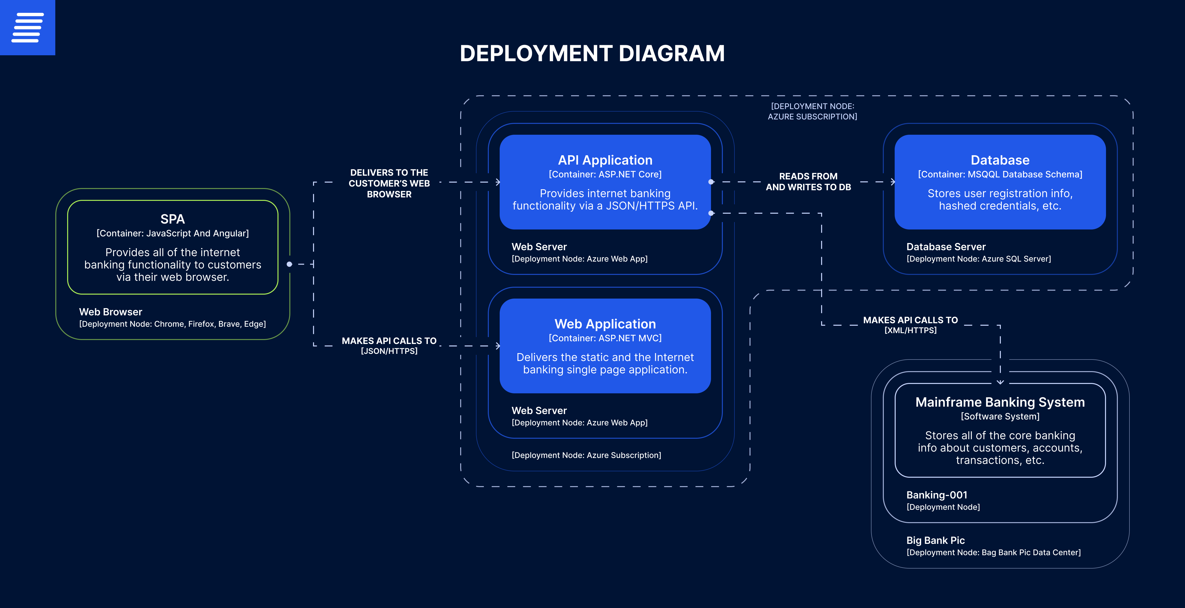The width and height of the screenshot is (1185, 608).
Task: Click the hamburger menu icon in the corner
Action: click(28, 28)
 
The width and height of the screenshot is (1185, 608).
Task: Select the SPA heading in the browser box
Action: click(173, 219)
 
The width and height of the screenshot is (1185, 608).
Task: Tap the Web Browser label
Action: click(110, 312)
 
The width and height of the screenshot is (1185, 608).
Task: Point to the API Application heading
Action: click(605, 160)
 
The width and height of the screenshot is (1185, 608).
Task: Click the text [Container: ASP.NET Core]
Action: click(605, 174)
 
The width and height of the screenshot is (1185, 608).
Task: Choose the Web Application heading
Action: click(605, 324)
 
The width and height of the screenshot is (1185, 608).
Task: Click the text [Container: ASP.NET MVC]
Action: click(605, 338)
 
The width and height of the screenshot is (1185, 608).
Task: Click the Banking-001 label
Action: click(937, 495)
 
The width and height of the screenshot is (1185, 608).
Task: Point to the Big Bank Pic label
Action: click(935, 540)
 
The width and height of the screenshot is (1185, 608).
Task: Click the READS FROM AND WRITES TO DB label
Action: click(808, 182)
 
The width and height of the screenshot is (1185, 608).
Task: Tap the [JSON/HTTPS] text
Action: click(389, 351)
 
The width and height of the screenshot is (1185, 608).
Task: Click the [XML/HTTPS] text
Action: click(910, 330)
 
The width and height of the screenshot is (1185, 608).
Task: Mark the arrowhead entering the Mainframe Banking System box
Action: click(1000, 382)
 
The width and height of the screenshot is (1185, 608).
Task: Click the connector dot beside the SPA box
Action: click(289, 264)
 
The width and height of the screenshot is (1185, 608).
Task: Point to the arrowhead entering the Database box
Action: click(893, 182)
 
